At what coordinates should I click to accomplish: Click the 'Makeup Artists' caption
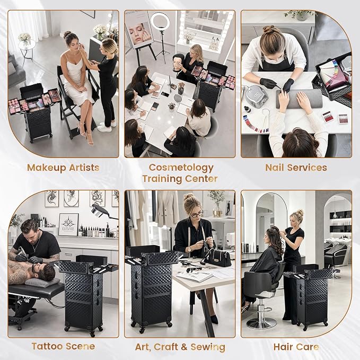click(63, 168)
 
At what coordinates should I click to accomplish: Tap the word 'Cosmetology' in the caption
click(181, 168)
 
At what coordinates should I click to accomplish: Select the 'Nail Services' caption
click(296, 168)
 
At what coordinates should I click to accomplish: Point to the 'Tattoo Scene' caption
click(64, 346)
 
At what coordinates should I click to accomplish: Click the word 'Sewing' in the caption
click(208, 347)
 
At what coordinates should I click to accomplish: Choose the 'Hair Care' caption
click(296, 347)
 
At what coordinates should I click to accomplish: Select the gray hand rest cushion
click(299, 98)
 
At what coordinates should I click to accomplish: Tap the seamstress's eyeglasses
click(197, 214)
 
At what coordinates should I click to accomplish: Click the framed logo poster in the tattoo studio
click(68, 224)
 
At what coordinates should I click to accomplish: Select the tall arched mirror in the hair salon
click(268, 221)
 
